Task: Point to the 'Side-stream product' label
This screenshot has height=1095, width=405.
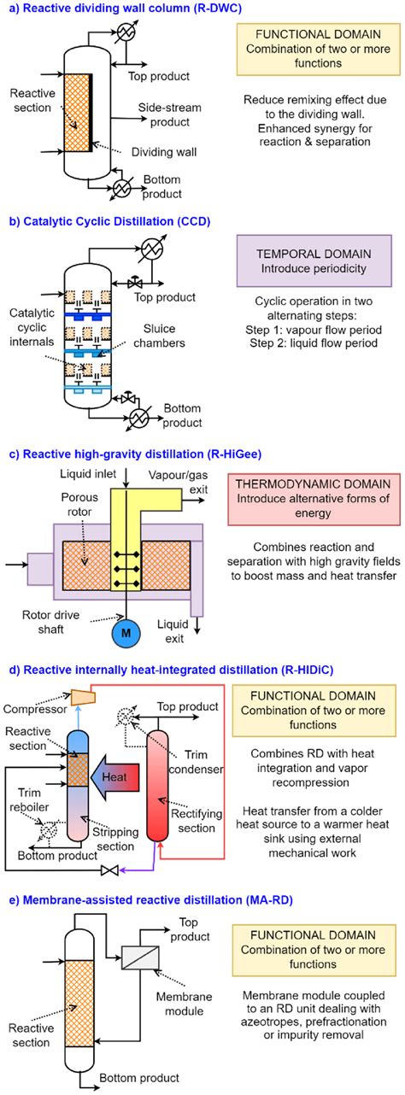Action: point(167,116)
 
